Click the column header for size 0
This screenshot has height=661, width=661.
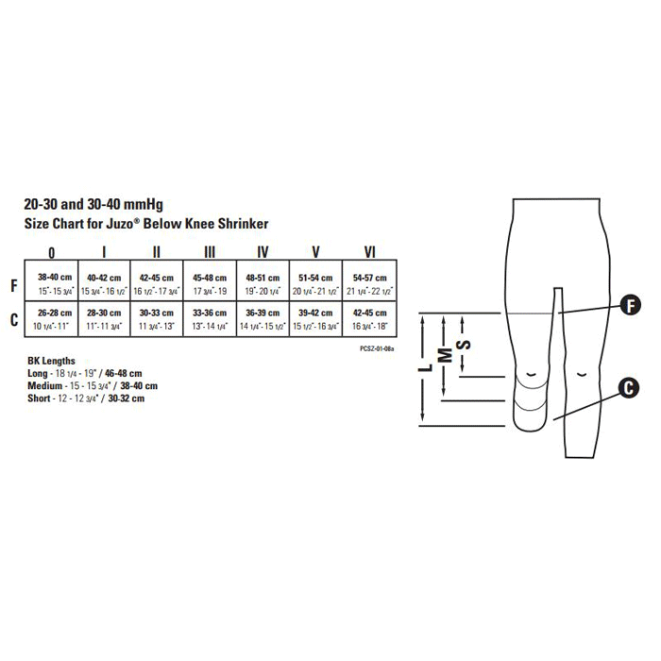(51, 252)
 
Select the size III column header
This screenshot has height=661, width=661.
(210, 252)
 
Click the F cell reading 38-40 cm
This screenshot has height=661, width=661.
(51, 282)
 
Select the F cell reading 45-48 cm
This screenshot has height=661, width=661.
(210, 282)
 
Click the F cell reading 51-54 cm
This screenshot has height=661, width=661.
(315, 282)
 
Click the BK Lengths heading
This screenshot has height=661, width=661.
(52, 362)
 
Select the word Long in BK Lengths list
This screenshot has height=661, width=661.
(40, 374)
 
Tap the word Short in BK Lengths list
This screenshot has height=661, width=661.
(41, 398)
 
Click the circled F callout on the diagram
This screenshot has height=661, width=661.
(628, 304)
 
